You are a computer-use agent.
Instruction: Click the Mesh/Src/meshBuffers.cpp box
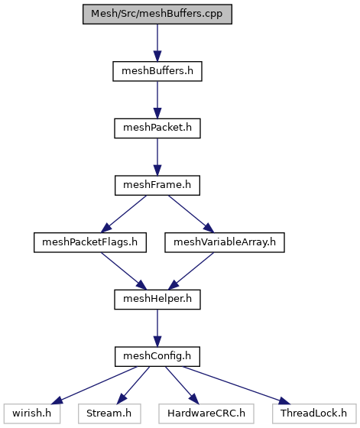pyautogui.click(x=157, y=14)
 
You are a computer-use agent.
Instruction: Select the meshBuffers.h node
pyautogui.click(x=157, y=71)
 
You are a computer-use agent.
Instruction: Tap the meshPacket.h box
pyautogui.click(x=157, y=128)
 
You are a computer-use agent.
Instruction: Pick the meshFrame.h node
pyautogui.click(x=157, y=185)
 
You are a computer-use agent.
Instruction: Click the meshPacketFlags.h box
pyautogui.click(x=90, y=242)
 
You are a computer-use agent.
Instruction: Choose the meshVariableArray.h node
pyautogui.click(x=225, y=242)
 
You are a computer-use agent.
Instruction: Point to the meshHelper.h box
pyautogui.click(x=157, y=300)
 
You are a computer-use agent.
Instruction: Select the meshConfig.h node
pyautogui.click(x=157, y=356)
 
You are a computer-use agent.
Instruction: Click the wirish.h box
pyautogui.click(x=32, y=413)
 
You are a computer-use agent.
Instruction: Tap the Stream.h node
pyautogui.click(x=109, y=413)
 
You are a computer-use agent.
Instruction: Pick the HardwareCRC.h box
pyautogui.click(x=206, y=413)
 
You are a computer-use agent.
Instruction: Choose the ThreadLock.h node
pyautogui.click(x=314, y=413)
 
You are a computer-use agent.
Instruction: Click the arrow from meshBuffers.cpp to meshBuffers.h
pyautogui.click(x=157, y=43)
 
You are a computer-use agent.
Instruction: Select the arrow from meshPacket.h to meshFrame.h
pyautogui.click(x=157, y=157)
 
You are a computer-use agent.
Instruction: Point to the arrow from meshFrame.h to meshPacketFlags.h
pyautogui.click(x=124, y=214)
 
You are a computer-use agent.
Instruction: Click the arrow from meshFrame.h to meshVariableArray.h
pyautogui.click(x=191, y=214)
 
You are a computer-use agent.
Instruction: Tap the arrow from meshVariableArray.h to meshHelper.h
pyautogui.click(x=191, y=271)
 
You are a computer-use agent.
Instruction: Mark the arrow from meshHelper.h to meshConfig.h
pyautogui.click(x=157, y=328)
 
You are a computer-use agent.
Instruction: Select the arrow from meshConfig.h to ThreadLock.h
pyautogui.click(x=237, y=385)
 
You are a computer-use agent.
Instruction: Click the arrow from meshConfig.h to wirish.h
pyautogui.click(x=93, y=385)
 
